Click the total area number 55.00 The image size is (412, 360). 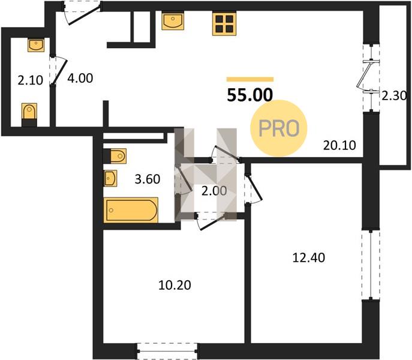250,95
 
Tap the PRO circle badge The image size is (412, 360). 279,128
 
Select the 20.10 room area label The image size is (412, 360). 339,145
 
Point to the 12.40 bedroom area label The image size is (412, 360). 308,258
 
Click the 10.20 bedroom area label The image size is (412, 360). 175,285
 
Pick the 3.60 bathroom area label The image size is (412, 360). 148,179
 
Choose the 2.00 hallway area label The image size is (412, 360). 214,191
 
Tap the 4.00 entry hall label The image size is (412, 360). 80,79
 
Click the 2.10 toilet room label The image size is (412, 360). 30,80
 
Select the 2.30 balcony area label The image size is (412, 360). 394,96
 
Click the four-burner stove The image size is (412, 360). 224,24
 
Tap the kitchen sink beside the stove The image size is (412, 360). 173,22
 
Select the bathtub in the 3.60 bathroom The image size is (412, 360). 131,210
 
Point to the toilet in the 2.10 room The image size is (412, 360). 29,115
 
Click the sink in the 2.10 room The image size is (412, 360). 36,45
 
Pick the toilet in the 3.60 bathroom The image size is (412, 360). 115,156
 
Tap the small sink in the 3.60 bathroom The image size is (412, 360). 110,179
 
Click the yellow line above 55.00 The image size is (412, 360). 250,79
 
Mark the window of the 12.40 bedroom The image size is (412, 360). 371,265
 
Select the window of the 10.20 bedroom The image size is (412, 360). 167,351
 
